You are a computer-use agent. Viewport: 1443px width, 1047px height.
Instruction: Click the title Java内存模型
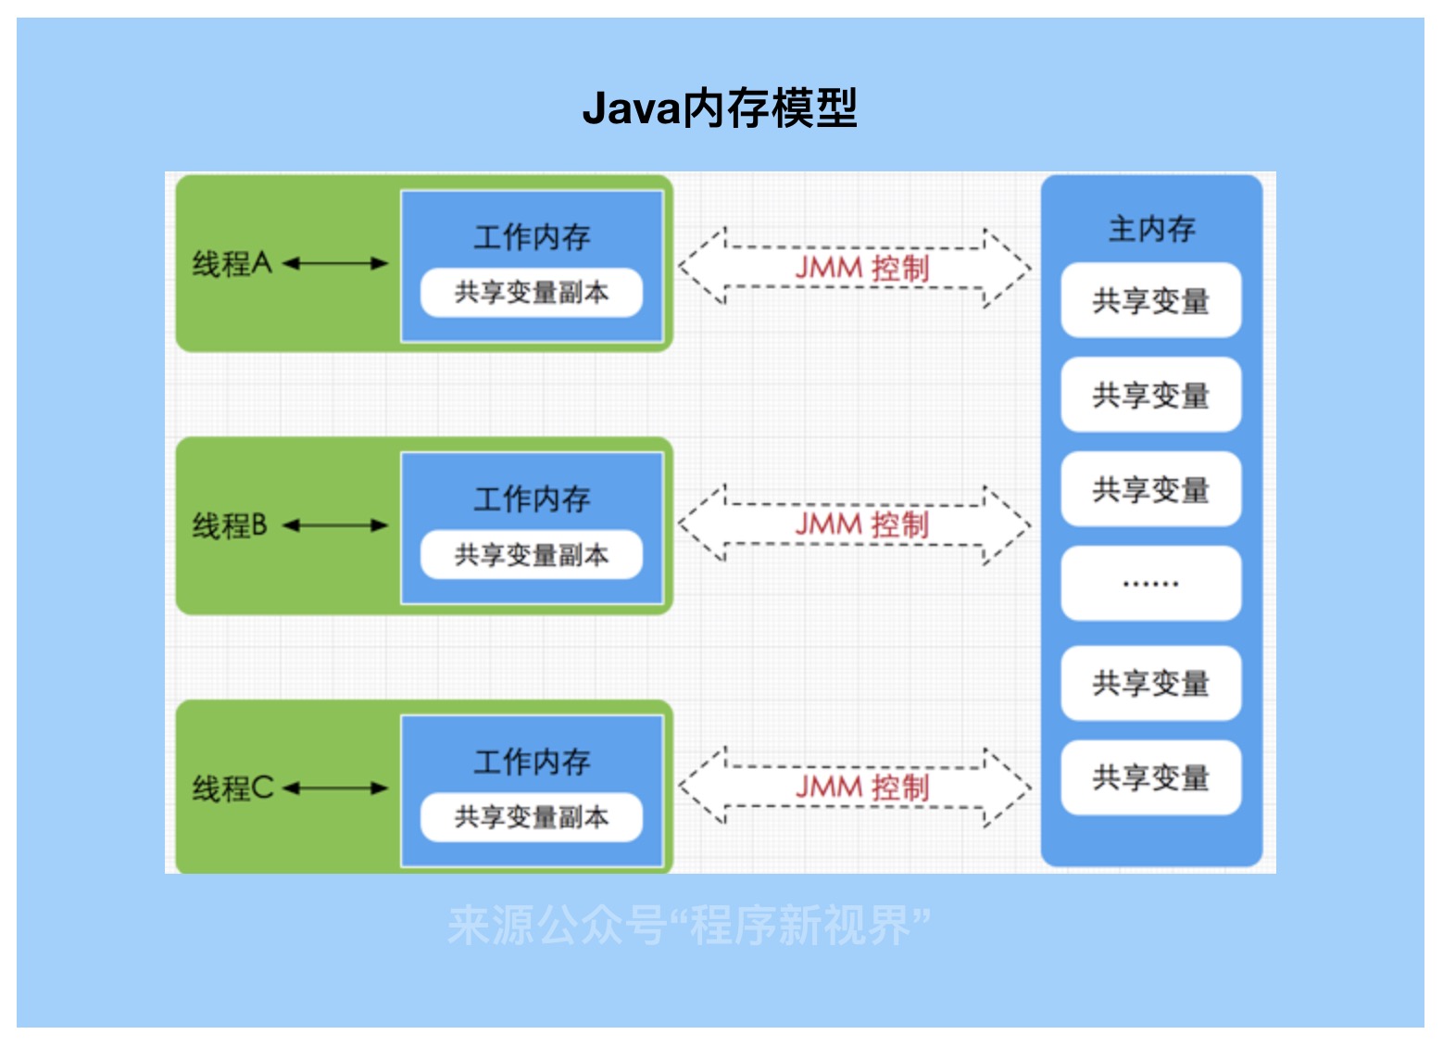(x=720, y=108)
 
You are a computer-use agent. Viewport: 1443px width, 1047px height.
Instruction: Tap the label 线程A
(x=232, y=264)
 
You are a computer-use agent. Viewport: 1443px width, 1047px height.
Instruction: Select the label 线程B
(x=230, y=526)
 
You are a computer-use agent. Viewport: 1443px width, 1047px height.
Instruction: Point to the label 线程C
(x=232, y=788)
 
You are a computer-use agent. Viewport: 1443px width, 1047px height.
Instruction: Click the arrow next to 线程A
(x=335, y=264)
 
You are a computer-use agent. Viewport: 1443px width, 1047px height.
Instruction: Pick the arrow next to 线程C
(x=335, y=788)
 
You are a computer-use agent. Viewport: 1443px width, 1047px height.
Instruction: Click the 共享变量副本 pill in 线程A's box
(x=532, y=293)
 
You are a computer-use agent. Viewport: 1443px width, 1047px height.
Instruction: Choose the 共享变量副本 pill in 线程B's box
(x=532, y=555)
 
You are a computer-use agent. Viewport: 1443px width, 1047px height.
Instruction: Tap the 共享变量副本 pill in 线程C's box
(x=532, y=817)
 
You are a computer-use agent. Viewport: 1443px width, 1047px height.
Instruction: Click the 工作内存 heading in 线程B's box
(x=532, y=499)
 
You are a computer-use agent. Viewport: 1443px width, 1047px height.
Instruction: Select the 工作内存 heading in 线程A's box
(x=532, y=237)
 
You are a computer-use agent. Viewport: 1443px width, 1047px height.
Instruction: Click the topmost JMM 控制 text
(x=861, y=269)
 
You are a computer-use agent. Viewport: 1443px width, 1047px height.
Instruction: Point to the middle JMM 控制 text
(x=861, y=525)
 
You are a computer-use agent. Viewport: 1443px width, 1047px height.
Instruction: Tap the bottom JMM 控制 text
(x=861, y=788)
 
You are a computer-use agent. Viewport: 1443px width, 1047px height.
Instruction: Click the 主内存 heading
(x=1151, y=229)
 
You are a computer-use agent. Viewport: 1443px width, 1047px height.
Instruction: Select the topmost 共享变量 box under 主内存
(x=1151, y=300)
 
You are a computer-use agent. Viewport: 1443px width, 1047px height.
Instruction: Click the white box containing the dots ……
(x=1151, y=584)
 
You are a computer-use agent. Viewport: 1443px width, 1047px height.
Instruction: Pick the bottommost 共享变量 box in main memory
(x=1151, y=777)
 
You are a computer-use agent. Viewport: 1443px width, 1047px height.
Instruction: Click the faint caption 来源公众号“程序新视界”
(x=688, y=925)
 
